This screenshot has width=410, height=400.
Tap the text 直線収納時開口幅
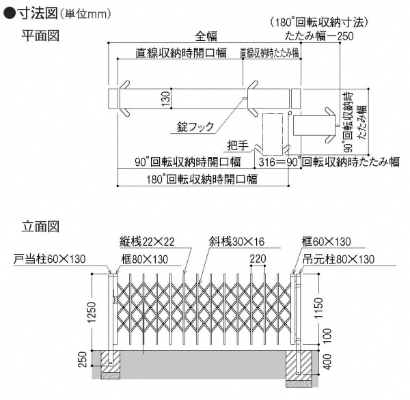(172, 53)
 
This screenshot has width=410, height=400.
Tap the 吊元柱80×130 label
(339, 259)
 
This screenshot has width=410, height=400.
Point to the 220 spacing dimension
(258, 259)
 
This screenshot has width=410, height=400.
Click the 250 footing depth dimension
(83, 360)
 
